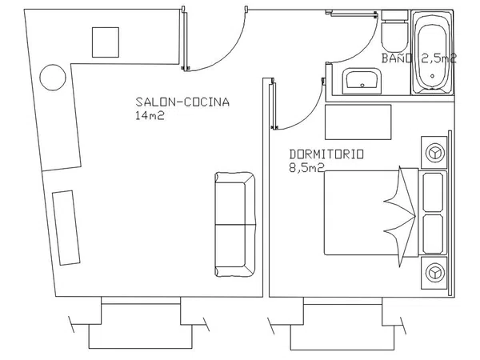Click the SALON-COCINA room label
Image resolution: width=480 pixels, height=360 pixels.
(x=182, y=102)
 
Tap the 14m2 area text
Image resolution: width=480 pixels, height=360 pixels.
(x=150, y=115)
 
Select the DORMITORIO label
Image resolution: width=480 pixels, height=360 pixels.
(x=326, y=154)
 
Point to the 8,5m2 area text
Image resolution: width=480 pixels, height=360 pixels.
(x=306, y=168)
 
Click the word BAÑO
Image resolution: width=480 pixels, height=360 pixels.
(x=397, y=58)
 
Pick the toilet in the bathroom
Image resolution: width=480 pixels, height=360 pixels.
(x=394, y=31)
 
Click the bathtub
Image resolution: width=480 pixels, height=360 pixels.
(x=432, y=52)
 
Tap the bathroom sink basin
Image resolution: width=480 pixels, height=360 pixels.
(x=362, y=81)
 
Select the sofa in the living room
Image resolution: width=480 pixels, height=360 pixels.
(x=235, y=224)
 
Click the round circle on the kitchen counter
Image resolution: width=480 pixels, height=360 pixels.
(x=53, y=78)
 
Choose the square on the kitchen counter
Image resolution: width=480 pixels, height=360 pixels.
(x=106, y=42)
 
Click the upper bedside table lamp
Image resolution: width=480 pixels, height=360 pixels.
(x=435, y=153)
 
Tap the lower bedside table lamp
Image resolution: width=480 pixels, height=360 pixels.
(x=435, y=273)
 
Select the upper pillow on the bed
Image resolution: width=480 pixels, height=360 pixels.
(x=433, y=192)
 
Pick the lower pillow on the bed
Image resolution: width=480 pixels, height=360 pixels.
(x=433, y=234)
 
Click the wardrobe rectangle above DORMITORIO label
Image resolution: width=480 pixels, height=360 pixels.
(x=358, y=122)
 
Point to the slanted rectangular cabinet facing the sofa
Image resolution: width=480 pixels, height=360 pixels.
(x=66, y=228)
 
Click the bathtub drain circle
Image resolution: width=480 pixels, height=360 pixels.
(x=432, y=76)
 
